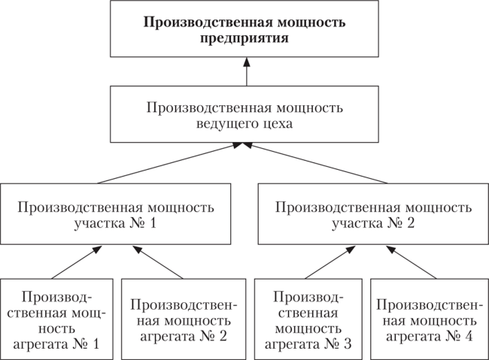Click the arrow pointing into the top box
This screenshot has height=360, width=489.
(244, 74)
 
